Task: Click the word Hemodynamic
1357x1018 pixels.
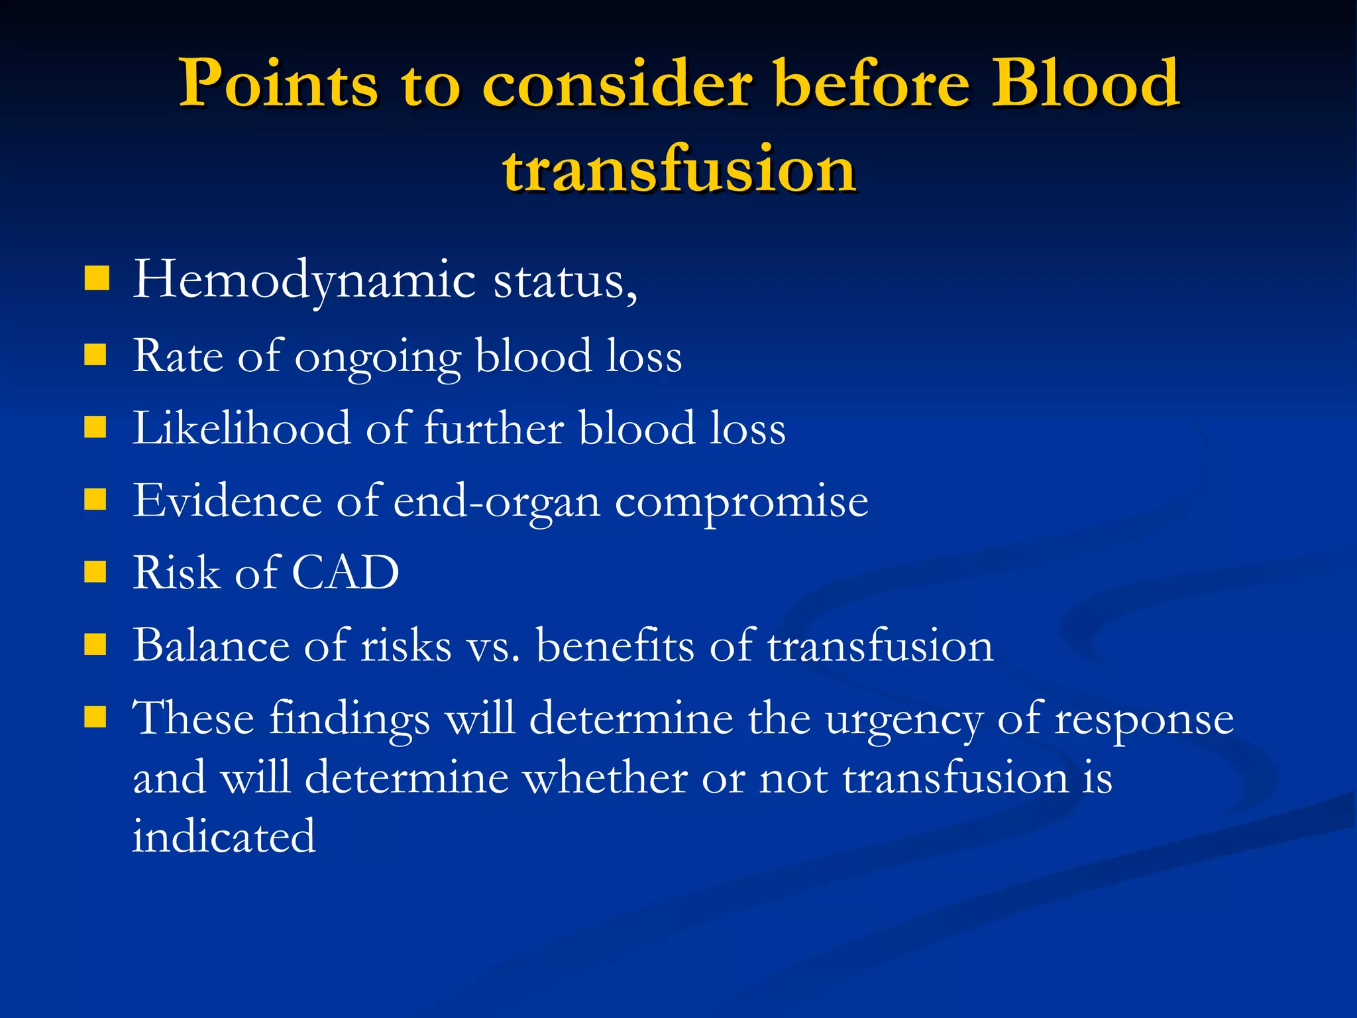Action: coord(304,280)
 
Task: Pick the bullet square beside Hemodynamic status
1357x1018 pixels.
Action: coord(97,279)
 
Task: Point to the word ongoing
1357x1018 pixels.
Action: coord(377,358)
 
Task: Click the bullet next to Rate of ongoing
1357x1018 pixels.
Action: coord(96,355)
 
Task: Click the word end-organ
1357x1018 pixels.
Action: coord(496,502)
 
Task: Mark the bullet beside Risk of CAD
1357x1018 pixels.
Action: coord(96,571)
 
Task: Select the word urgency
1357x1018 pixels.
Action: coord(904,719)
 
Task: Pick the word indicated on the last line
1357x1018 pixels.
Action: coord(224,836)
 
